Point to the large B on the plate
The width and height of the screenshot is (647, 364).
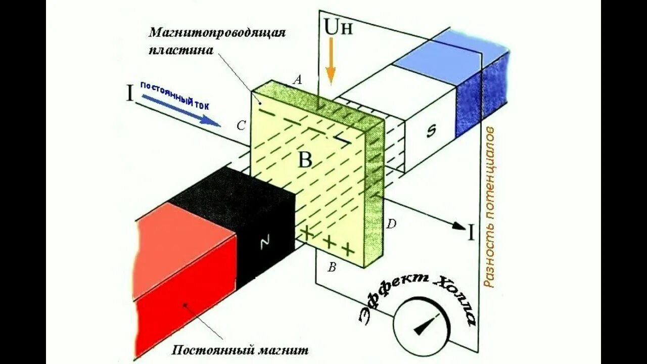pyautogui.click(x=305, y=160)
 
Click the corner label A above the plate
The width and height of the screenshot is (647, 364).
pyautogui.click(x=298, y=79)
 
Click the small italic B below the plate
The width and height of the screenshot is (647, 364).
pyautogui.click(x=332, y=268)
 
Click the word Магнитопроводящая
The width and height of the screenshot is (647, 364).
pyautogui.click(x=217, y=33)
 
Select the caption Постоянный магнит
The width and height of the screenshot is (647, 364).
pyautogui.click(x=240, y=350)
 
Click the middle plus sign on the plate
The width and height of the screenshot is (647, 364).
pyautogui.click(x=329, y=242)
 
